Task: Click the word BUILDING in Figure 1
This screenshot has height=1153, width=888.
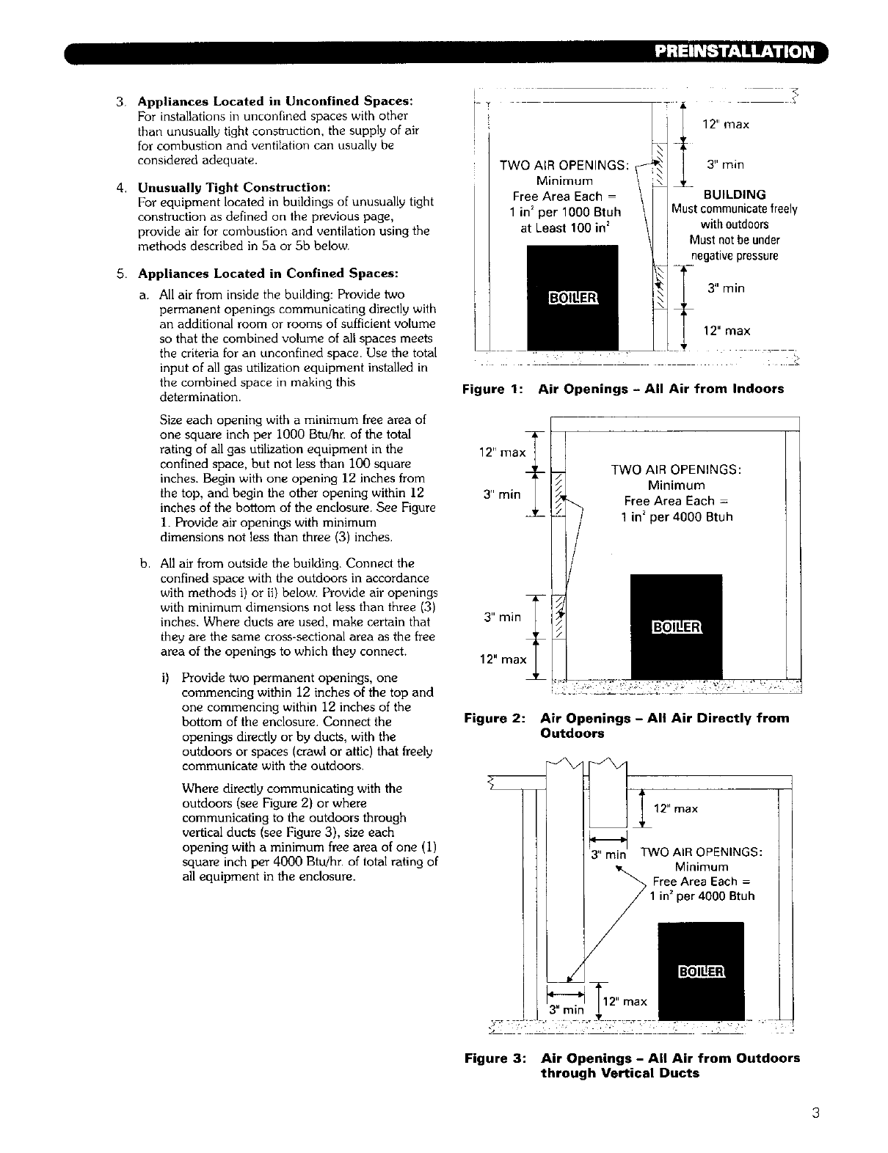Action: click(x=734, y=194)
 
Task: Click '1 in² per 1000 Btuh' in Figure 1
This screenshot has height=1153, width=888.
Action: click(x=566, y=212)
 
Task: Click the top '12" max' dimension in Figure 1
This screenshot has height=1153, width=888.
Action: click(x=725, y=125)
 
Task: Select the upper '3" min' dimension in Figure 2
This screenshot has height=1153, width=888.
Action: click(x=502, y=494)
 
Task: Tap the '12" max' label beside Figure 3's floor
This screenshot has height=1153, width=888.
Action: click(x=624, y=1001)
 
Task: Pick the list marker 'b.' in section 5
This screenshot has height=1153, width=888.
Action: click(x=145, y=563)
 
